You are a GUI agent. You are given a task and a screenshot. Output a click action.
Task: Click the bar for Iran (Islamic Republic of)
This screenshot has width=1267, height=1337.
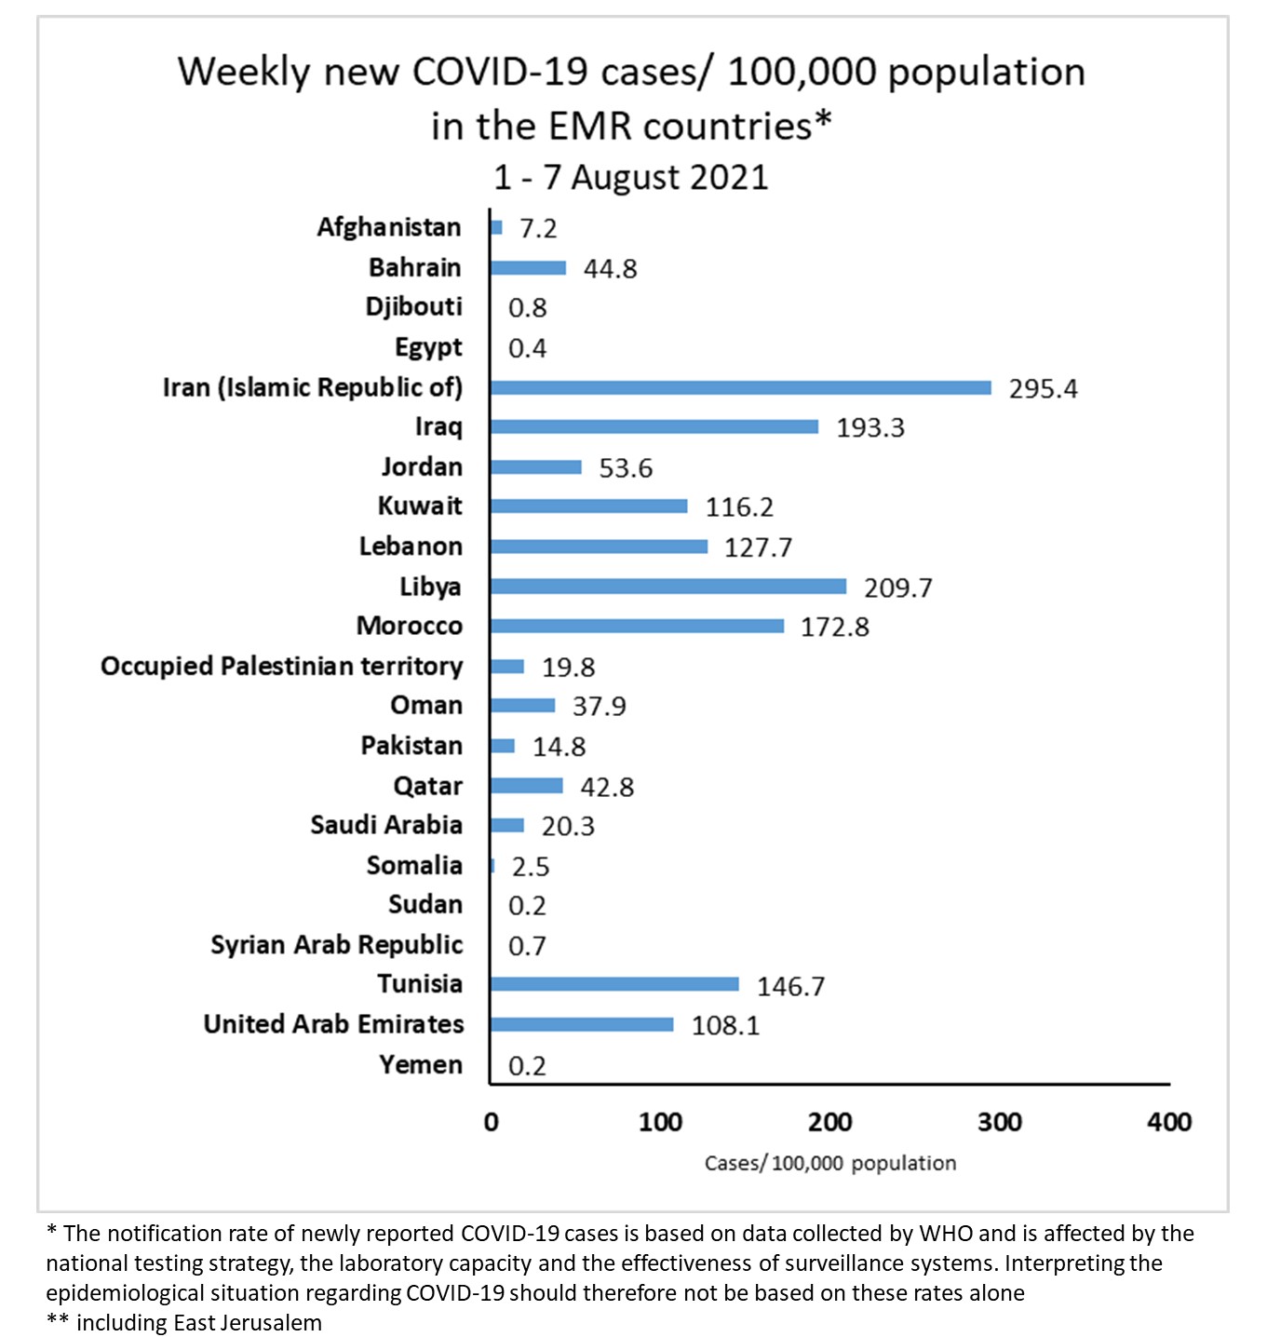tap(740, 387)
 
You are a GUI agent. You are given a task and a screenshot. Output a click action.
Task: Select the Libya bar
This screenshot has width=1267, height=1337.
tap(667, 587)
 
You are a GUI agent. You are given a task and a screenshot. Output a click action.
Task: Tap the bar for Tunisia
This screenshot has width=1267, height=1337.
tap(614, 984)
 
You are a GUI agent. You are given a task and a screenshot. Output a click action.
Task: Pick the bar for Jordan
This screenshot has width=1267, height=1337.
tap(535, 467)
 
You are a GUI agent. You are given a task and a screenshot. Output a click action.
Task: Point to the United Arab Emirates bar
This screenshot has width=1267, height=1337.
tap(582, 1024)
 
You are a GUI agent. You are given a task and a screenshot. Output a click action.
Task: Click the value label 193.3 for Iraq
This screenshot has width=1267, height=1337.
tap(869, 428)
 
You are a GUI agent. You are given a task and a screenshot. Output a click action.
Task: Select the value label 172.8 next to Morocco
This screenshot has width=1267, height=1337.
tap(834, 628)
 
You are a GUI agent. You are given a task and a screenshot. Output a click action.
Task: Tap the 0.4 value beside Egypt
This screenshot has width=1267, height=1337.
tap(527, 349)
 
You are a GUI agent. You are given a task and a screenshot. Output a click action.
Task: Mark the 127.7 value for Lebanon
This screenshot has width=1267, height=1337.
tap(758, 547)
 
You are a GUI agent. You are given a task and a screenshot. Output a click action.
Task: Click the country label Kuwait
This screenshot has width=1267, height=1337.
tap(420, 506)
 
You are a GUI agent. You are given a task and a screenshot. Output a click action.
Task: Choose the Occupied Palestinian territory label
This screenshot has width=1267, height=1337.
tap(281, 667)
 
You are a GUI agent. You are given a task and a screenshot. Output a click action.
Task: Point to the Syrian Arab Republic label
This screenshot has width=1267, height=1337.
tap(336, 945)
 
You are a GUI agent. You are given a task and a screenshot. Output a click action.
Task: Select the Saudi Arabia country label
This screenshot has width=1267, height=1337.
tap(386, 826)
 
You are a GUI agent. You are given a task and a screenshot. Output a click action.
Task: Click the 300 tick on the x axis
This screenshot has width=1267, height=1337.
tap(999, 1122)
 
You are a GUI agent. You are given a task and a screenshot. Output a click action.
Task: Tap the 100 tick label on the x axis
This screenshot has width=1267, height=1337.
tap(660, 1122)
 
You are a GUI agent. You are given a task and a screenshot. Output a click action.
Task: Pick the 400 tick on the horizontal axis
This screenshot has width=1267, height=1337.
tap(1169, 1122)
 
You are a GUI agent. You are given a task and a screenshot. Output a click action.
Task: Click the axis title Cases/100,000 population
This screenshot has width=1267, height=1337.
tap(829, 1163)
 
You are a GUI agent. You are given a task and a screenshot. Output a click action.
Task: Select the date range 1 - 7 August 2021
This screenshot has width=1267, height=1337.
tap(630, 177)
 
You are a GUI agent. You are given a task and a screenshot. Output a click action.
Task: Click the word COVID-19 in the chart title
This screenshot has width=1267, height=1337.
tap(499, 73)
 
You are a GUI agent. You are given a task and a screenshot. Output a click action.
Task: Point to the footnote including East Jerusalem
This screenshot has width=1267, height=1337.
tap(198, 1323)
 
